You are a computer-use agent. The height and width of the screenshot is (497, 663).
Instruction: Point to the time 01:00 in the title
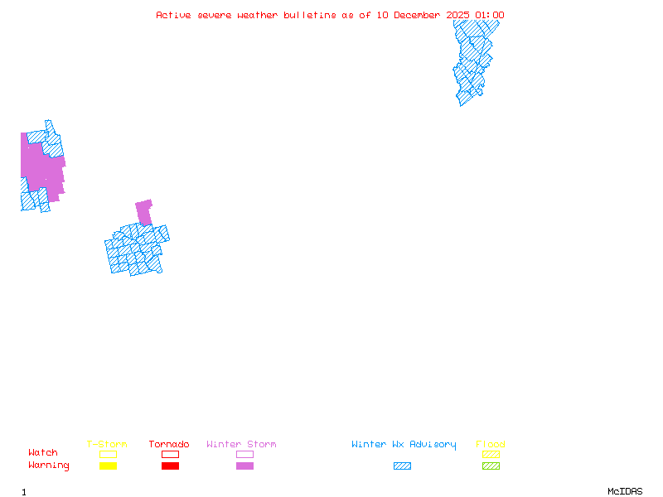(490, 15)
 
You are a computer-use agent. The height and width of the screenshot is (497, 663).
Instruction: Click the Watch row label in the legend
(43, 453)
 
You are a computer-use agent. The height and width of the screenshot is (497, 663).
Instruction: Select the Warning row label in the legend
(49, 466)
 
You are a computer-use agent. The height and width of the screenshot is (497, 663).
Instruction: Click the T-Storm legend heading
(107, 445)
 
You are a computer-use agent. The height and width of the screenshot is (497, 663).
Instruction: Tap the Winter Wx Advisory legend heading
(404, 445)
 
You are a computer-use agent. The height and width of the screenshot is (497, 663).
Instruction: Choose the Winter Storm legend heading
(241, 445)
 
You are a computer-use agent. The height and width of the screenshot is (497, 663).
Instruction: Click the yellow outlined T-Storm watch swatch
(108, 454)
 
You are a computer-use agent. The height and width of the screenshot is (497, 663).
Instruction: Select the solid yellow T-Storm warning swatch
(108, 466)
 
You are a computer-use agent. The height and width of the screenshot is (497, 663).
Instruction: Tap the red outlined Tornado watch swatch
(170, 454)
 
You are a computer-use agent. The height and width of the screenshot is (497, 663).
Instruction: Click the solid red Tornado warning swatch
(170, 466)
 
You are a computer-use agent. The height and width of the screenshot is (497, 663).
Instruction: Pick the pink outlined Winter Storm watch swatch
(244, 454)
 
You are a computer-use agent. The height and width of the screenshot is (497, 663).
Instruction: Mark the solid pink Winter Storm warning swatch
(244, 466)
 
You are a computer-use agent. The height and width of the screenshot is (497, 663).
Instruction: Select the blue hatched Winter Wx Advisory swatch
(402, 466)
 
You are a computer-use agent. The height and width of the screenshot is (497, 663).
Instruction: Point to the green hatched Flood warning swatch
(491, 466)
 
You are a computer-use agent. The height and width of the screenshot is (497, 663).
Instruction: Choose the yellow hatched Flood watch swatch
(491, 454)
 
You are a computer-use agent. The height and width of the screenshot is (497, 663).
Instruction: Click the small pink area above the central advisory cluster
(144, 211)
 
